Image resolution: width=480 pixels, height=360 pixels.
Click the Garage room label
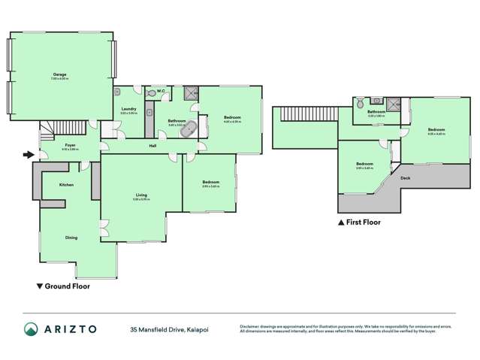[x=60, y=74]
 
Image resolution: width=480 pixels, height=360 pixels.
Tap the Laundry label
[x=128, y=109]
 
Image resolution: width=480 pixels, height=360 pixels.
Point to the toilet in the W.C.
[x=153, y=93]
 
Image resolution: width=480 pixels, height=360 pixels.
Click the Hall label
[x=152, y=145]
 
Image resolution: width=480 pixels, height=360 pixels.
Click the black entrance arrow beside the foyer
[x=29, y=156]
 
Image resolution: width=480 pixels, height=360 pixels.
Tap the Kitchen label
[x=66, y=184]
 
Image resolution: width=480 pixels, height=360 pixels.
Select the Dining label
[x=71, y=238]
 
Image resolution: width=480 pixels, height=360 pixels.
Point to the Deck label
[x=405, y=178]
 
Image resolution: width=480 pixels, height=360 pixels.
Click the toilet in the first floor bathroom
[x=361, y=101]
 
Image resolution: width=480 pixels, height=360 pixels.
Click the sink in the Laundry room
[x=119, y=93]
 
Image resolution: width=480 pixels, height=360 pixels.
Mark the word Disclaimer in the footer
[x=250, y=325]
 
